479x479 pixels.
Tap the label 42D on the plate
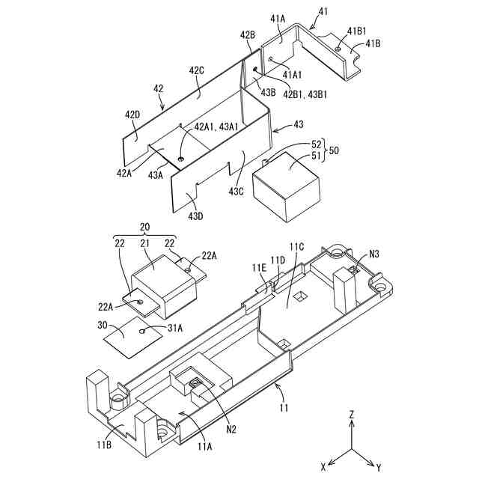(132, 115)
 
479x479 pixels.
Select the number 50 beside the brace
(334, 150)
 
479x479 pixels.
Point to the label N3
(374, 254)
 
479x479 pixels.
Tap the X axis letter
(323, 466)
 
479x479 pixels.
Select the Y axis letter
(379, 467)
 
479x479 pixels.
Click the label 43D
(197, 216)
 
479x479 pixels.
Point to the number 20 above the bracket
(144, 227)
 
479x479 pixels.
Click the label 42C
(197, 71)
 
